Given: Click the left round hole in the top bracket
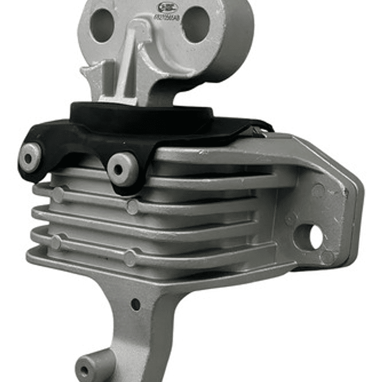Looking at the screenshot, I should pos(102,26).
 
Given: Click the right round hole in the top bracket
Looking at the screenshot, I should pos(196,24).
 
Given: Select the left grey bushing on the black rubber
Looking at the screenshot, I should pos(30,156).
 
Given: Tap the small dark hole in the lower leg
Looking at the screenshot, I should pos(135,304).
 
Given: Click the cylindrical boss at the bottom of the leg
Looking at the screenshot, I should pos(88,369).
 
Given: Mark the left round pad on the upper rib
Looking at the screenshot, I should pos(58,195).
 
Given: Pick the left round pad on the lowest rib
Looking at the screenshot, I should pos(56,242).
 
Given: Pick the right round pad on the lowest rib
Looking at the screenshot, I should pos(130,258).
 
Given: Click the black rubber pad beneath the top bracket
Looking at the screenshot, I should pos(143,117).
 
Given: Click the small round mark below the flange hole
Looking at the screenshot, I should pos(327,258).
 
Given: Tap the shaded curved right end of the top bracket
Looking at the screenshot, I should pos(239,43).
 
